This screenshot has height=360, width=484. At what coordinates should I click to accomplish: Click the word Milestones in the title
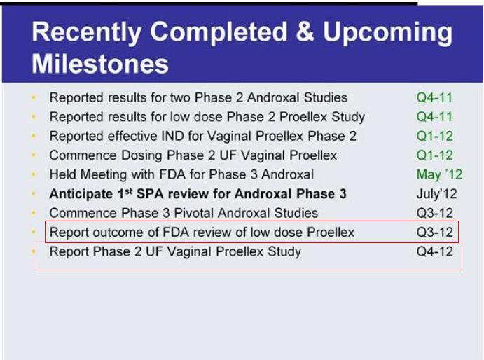point(100,64)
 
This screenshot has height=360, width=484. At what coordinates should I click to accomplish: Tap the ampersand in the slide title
point(305,32)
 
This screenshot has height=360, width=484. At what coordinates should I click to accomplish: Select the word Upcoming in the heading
point(388,34)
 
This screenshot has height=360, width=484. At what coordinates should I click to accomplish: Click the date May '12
point(439,175)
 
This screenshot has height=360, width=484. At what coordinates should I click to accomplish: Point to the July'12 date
point(436,194)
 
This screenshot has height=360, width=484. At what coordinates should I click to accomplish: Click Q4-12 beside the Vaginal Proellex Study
point(434,251)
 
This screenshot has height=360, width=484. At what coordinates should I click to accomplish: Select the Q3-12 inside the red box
point(434,232)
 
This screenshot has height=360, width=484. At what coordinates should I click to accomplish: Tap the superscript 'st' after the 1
point(129,191)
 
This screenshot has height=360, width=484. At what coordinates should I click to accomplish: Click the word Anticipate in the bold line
point(81,194)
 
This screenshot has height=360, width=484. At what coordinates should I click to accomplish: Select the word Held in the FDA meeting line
point(63,175)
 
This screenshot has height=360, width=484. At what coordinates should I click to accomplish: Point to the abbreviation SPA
point(148,194)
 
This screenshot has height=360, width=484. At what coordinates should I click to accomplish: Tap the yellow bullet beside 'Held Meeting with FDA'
point(34,175)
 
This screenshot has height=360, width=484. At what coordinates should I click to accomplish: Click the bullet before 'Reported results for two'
point(34,98)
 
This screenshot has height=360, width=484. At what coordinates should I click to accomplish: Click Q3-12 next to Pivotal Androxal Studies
point(434,213)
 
